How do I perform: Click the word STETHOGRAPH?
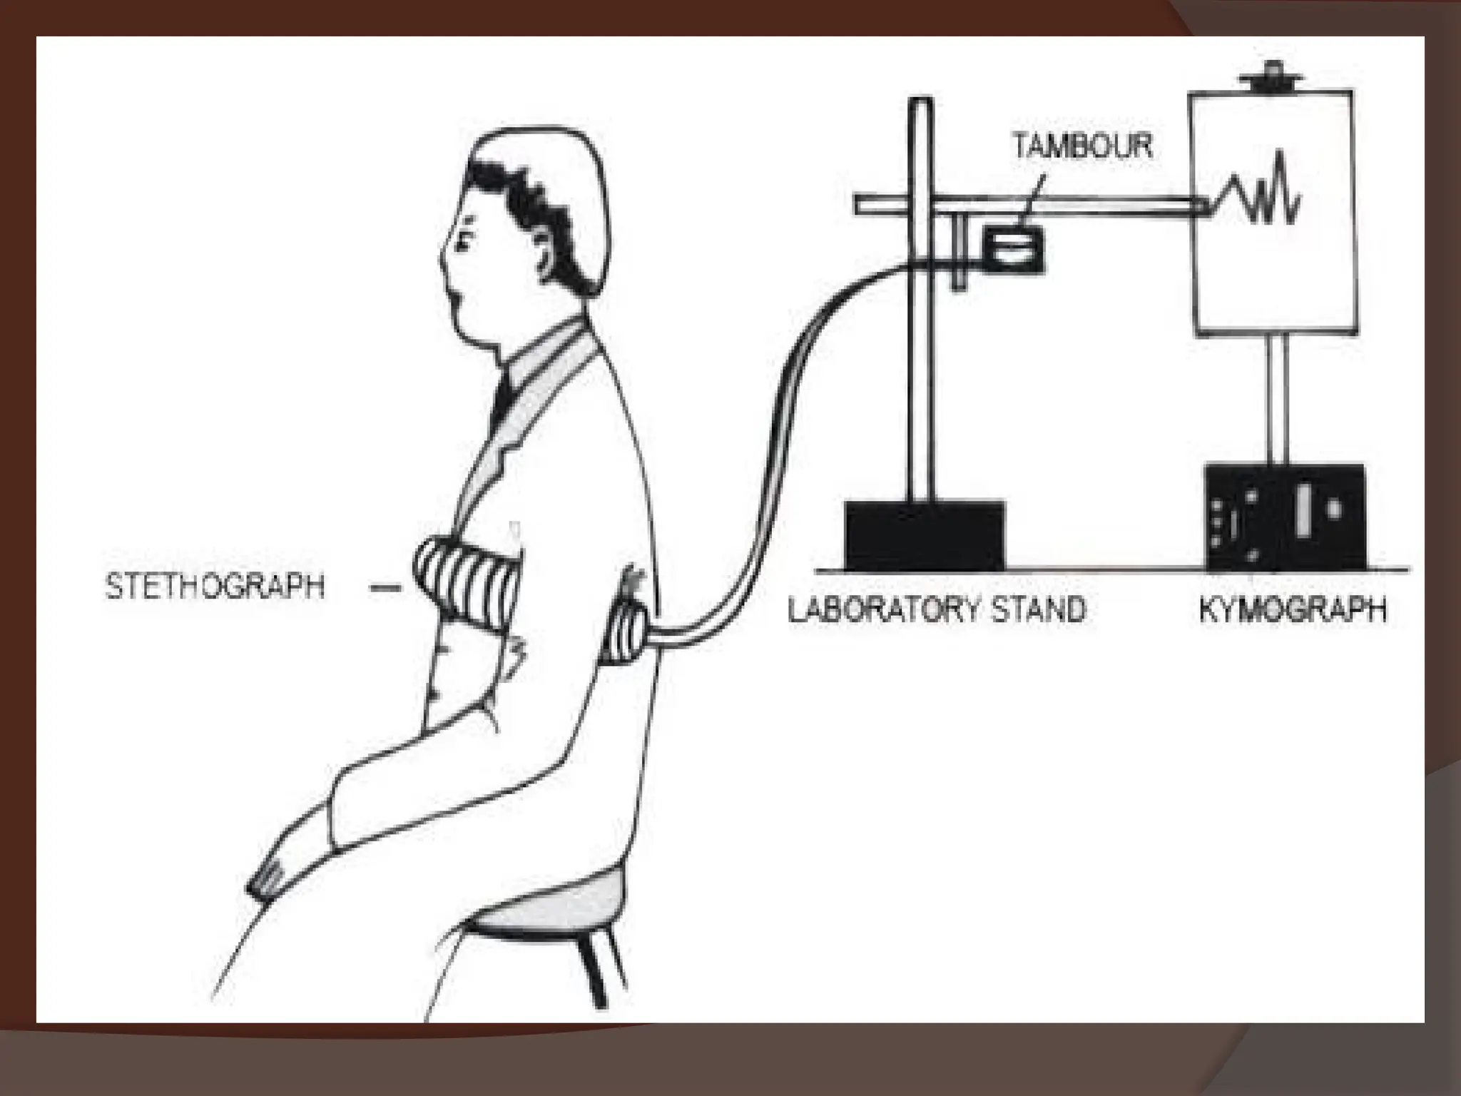215,587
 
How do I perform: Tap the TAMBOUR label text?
1082,146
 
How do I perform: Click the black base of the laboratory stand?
925,535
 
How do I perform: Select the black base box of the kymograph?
1285,517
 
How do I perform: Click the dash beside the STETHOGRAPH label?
386,588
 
